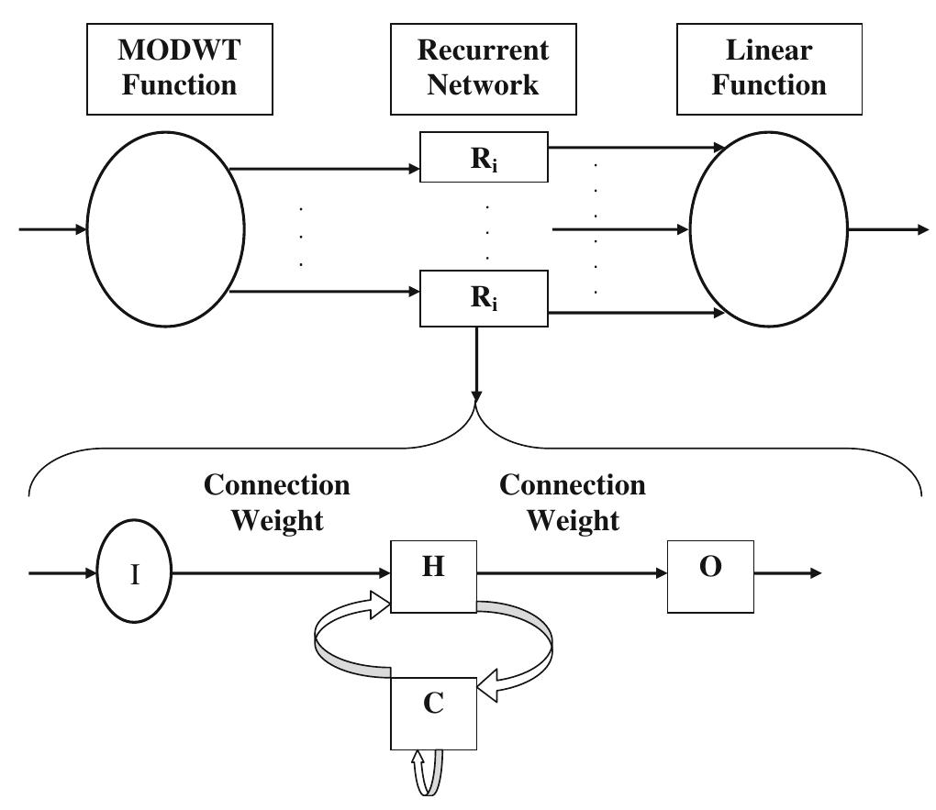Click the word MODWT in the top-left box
tap(180, 50)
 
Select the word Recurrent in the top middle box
tap(483, 50)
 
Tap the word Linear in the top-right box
tap(769, 50)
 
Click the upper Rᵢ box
tap(484, 157)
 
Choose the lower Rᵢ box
tap(484, 298)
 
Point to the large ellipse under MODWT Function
tap(166, 229)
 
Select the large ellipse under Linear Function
tap(769, 229)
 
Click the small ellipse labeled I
tap(135, 575)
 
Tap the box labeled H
tap(433, 575)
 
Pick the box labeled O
tap(710, 575)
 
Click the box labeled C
tap(434, 713)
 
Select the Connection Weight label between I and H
tap(276, 503)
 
